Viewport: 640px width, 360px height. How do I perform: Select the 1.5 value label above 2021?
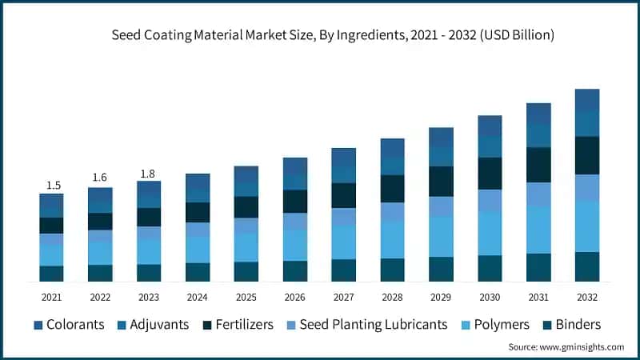click(52, 185)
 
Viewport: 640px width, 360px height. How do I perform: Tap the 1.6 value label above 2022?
click(100, 177)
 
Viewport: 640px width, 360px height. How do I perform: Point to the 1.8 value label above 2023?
click(149, 173)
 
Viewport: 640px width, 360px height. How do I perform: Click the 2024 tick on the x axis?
click(198, 297)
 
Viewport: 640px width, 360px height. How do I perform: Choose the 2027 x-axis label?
click(344, 297)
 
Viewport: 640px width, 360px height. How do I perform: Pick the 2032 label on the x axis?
click(587, 297)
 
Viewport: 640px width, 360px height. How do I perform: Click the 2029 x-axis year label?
click(441, 297)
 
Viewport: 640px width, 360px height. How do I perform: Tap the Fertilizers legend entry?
click(238, 324)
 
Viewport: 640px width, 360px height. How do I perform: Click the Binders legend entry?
click(571, 324)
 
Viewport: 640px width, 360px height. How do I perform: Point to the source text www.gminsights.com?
click(566, 347)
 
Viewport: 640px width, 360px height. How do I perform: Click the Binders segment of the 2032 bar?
click(587, 266)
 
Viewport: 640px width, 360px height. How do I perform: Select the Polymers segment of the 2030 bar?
click(490, 233)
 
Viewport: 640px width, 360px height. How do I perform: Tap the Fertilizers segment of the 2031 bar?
click(538, 165)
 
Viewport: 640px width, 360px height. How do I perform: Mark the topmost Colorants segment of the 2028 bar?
click(392, 148)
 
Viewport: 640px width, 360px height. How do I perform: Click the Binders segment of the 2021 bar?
click(52, 274)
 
